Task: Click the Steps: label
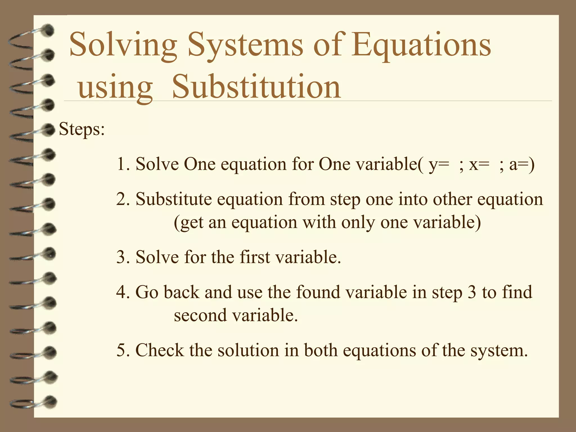pos(82,129)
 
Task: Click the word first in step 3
pos(255,257)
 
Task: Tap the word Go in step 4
pos(147,292)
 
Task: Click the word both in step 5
pos(321,350)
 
